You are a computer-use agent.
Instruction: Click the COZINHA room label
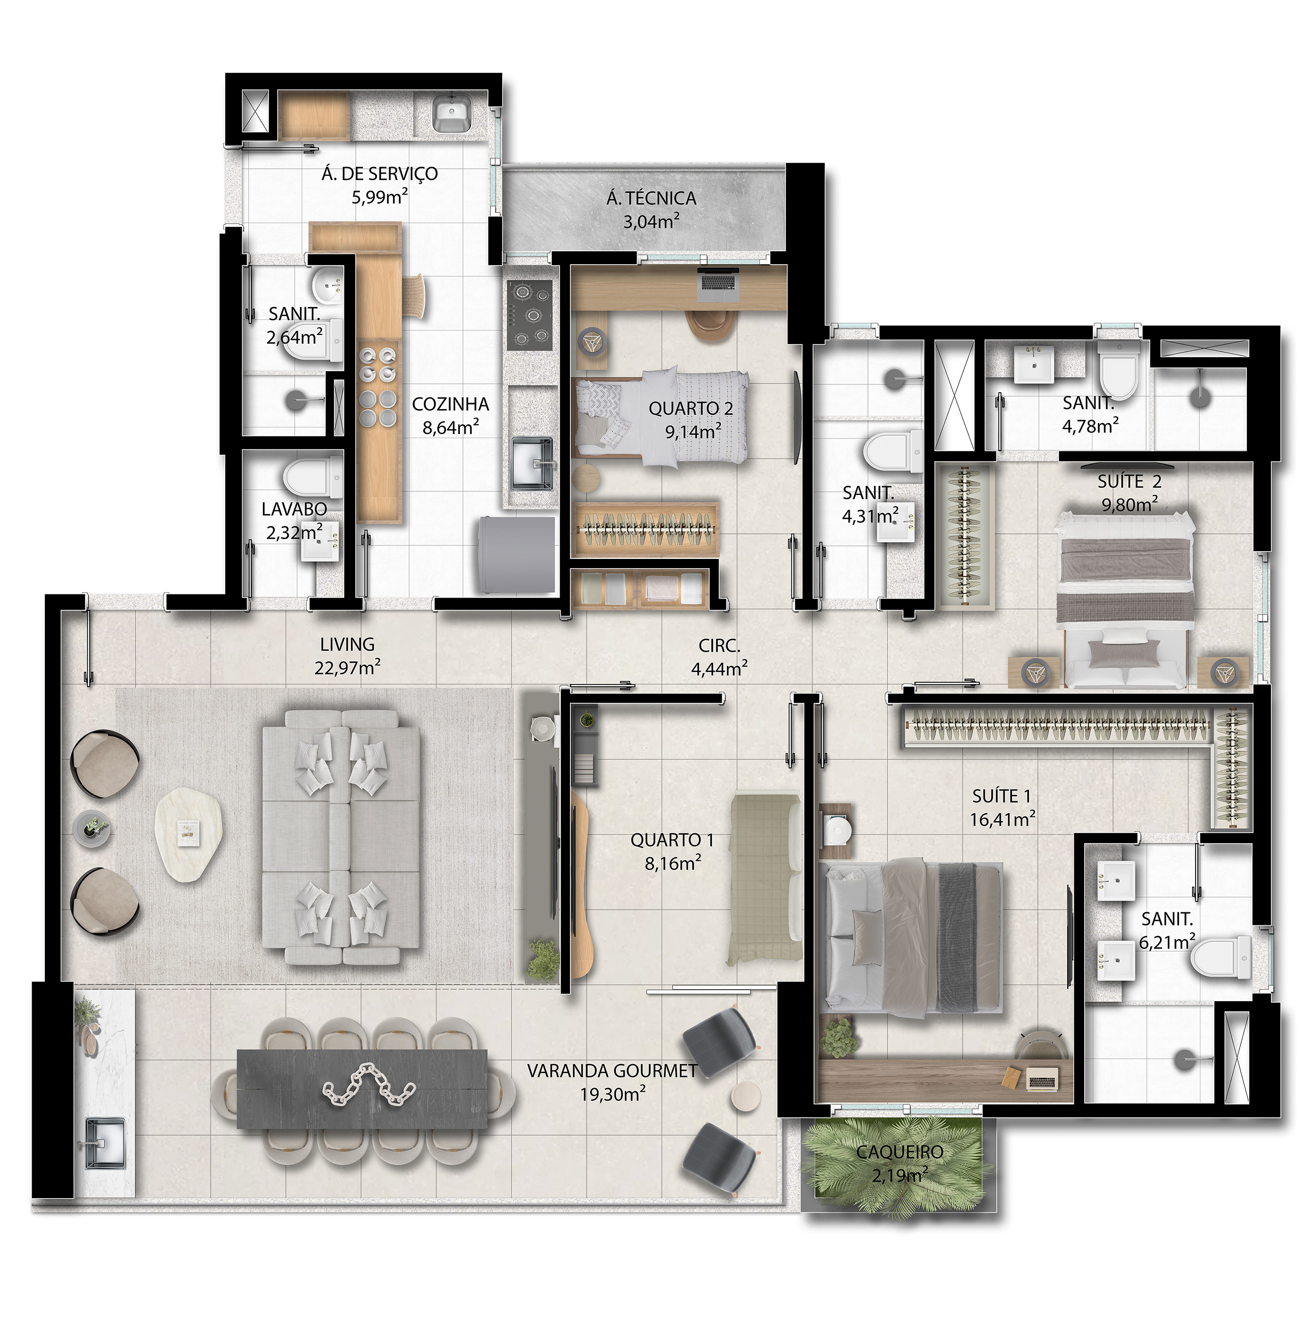pyautogui.click(x=450, y=405)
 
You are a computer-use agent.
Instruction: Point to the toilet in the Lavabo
pyautogui.click(x=313, y=477)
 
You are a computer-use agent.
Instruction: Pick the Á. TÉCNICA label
pyautogui.click(x=651, y=198)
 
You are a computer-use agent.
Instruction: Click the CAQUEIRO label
pyautogui.click(x=899, y=1152)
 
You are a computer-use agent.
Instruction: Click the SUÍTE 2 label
pyautogui.click(x=1129, y=481)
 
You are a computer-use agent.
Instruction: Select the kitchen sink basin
pyautogui.click(x=532, y=463)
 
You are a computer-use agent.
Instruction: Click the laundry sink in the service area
pyautogui.click(x=451, y=114)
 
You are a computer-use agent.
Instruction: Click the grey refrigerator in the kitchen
pyautogui.click(x=517, y=555)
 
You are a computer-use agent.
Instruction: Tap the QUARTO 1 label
pyautogui.click(x=672, y=840)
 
